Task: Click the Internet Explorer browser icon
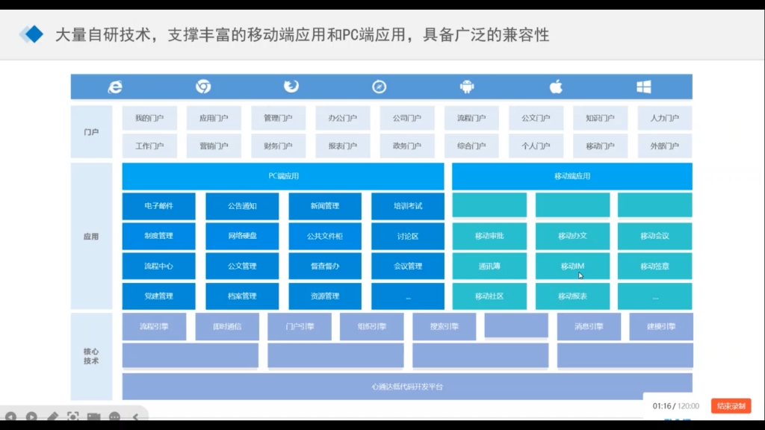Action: click(x=115, y=87)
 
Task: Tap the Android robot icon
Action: click(x=468, y=87)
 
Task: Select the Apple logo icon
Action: click(x=556, y=87)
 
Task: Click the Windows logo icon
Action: click(x=643, y=87)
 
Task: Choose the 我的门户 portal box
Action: click(x=149, y=118)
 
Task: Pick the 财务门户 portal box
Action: click(x=278, y=146)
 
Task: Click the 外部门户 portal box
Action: click(x=664, y=146)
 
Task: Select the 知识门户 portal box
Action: click(x=600, y=118)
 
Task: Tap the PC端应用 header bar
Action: click(x=283, y=176)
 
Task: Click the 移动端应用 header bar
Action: click(x=572, y=176)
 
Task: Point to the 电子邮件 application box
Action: click(x=158, y=206)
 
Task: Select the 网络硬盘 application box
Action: click(x=242, y=236)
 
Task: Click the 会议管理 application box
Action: click(x=408, y=266)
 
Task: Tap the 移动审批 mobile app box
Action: click(x=489, y=236)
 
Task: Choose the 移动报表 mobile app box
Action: click(x=572, y=296)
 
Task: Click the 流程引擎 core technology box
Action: click(x=154, y=326)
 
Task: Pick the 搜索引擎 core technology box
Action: click(x=444, y=326)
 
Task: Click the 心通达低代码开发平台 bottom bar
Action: click(x=407, y=387)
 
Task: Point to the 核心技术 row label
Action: click(x=91, y=356)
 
